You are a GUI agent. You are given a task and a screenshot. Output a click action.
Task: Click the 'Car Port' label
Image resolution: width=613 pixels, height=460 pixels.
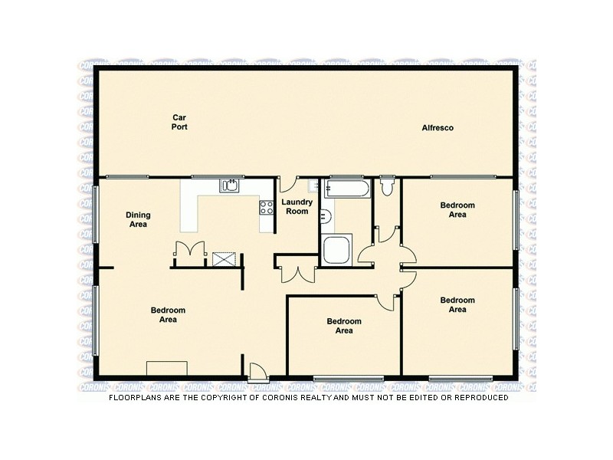pyautogui.click(x=180, y=122)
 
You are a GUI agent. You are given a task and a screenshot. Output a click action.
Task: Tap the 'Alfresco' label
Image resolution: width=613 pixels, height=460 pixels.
pyautogui.click(x=438, y=128)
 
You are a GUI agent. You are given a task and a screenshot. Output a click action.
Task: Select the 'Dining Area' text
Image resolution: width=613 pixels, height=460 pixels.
pyautogui.click(x=138, y=220)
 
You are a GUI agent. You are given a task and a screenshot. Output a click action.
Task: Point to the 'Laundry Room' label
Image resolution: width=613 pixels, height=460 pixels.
pyautogui.click(x=297, y=206)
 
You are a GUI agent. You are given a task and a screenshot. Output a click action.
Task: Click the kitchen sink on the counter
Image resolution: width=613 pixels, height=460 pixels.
pyautogui.click(x=230, y=185)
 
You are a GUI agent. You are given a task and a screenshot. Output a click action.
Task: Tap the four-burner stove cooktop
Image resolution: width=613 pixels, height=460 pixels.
pyautogui.click(x=267, y=206)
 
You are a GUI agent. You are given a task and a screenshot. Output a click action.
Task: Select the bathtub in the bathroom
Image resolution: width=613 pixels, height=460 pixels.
pyautogui.click(x=346, y=189)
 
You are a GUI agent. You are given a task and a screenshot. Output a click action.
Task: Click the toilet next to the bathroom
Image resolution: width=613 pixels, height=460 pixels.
pyautogui.click(x=387, y=186)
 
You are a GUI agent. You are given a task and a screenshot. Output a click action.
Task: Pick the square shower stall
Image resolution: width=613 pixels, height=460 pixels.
pyautogui.click(x=336, y=250)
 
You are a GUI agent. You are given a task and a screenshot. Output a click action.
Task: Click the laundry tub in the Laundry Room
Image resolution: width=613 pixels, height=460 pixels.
pyautogui.click(x=313, y=186)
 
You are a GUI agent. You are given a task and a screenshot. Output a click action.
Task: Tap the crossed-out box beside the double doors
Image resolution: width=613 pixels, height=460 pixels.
pyautogui.click(x=225, y=258)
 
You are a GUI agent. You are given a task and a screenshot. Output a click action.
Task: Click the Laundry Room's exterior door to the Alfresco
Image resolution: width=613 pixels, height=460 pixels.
pyautogui.click(x=287, y=185)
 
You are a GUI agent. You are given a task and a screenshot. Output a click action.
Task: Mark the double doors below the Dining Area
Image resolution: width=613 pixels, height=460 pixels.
pyautogui.click(x=189, y=251)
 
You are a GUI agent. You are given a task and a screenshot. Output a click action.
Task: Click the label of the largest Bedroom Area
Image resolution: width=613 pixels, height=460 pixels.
pyautogui.click(x=168, y=315)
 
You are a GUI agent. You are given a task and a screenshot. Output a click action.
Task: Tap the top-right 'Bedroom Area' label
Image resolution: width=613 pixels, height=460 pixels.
pyautogui.click(x=457, y=210)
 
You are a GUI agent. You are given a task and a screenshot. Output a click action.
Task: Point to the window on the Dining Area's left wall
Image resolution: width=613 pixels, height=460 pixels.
pyautogui.click(x=96, y=214)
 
